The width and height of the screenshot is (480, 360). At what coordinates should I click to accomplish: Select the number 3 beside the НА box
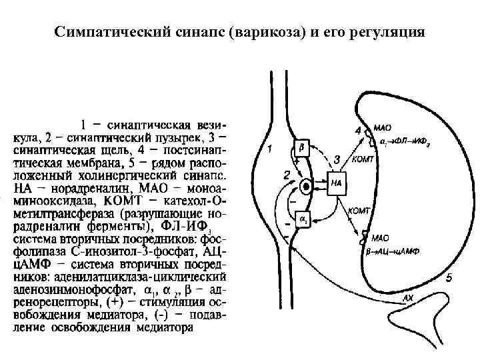(337, 159)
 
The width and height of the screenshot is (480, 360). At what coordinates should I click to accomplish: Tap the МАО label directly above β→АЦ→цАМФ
(381, 237)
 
